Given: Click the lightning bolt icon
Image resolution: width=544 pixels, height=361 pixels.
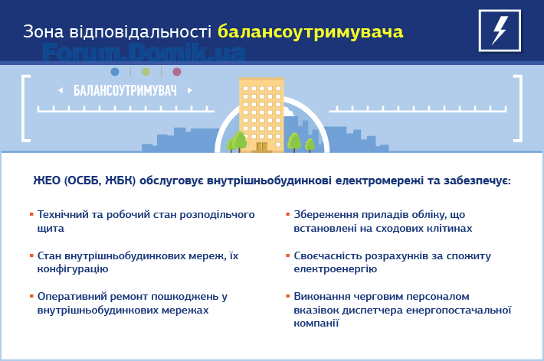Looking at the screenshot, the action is pos(500,31).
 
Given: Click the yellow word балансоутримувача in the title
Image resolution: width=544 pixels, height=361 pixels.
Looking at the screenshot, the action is pos(310,31).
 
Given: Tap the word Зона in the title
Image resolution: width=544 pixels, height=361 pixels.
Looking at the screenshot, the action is pos(44,31).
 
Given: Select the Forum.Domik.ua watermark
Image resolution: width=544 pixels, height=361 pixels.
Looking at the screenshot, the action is pos(144,52).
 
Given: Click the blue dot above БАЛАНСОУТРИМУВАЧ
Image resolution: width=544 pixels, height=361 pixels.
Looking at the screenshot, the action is pos(114,72).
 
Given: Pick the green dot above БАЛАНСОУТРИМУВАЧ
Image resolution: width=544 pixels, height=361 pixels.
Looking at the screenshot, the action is pos(146,72).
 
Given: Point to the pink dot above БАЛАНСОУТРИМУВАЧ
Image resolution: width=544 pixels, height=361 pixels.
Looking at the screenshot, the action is pos(177,72).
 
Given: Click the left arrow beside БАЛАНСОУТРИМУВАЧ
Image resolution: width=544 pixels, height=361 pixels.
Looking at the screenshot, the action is pos(61,90).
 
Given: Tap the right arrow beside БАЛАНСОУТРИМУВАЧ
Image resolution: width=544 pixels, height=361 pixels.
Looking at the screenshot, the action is pos(190,90).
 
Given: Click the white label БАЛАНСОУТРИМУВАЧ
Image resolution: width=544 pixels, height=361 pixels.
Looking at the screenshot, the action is pos(125,90).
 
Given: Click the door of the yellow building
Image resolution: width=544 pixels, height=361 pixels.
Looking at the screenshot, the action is pos(261,147).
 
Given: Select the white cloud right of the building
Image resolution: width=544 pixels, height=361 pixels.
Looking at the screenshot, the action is pos(288,112).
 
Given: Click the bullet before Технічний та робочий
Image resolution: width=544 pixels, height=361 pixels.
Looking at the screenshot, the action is pos(31,214).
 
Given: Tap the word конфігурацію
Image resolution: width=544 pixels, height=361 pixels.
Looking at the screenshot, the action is pos(73,269).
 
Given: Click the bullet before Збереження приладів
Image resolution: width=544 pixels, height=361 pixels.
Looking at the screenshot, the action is pos(287,214).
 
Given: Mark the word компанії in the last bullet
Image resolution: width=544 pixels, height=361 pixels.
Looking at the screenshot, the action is pos(316,324).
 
